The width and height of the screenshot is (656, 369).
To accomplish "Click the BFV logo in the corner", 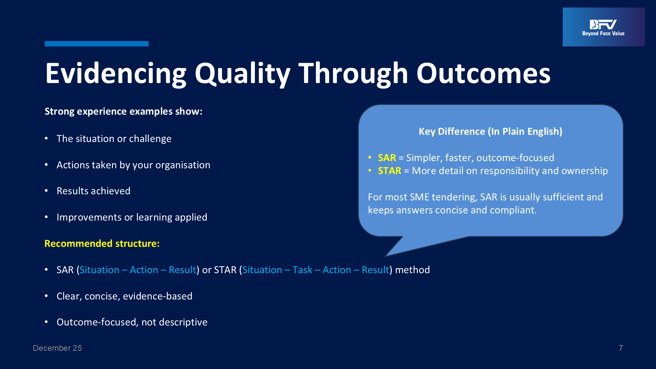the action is (604, 27).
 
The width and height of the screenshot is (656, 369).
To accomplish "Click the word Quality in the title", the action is (243, 73).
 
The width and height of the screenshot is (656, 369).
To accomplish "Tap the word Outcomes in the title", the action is (483, 73).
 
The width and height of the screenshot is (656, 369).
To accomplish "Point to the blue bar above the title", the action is (97, 44).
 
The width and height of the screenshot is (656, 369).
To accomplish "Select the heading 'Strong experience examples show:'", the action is (123, 111).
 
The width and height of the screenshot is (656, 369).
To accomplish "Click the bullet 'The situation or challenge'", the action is (114, 139).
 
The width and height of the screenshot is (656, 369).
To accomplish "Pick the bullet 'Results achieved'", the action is (94, 191).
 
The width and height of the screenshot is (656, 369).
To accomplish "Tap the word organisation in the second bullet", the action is (183, 165).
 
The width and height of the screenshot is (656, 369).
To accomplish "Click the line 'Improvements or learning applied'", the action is (132, 217).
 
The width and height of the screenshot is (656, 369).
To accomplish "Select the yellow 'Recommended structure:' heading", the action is (102, 244).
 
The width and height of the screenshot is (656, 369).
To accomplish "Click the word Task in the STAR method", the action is (302, 270).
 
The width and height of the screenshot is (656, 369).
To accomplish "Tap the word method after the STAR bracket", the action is (412, 270).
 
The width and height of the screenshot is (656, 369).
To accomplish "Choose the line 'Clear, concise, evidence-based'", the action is (124, 296).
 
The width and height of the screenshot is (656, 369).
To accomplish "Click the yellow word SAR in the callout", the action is (387, 158).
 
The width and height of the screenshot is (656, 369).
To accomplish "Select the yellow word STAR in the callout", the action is (389, 171).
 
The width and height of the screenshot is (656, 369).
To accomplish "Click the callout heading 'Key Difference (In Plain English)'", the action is (491, 132).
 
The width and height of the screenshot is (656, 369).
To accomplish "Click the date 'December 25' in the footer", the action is (57, 348).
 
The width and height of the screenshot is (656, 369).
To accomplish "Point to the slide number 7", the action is (621, 348).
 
